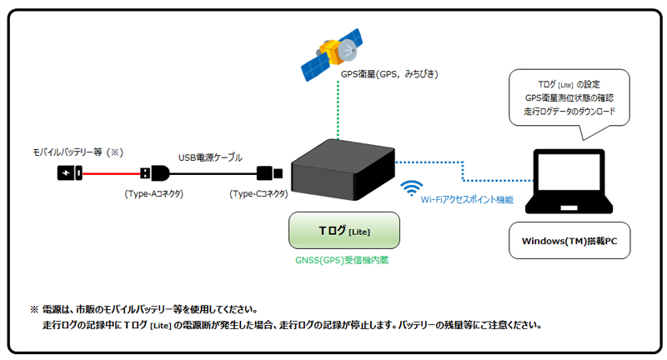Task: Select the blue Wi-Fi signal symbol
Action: point(411,188)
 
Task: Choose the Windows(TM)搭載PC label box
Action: point(569,242)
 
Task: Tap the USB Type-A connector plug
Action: point(155,173)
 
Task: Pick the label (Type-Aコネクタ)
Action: point(153,193)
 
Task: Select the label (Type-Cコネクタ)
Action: point(258,193)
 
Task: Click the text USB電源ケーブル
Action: point(210,157)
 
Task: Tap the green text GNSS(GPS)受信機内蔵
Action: point(342,260)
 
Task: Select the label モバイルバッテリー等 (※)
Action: point(77,152)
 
